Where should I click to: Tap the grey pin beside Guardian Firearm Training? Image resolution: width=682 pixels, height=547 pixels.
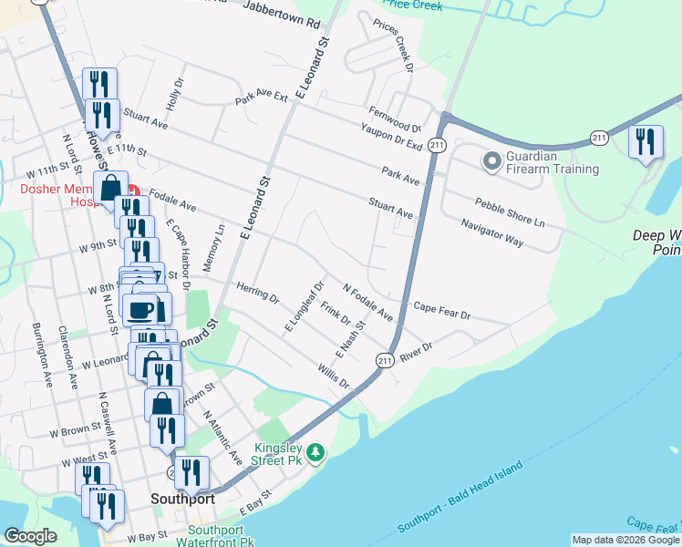[x=492, y=162]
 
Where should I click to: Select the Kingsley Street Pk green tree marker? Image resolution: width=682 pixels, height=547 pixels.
[x=315, y=452]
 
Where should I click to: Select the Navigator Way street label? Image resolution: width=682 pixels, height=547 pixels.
[x=491, y=233]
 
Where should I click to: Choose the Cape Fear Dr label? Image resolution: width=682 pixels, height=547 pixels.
[x=441, y=310]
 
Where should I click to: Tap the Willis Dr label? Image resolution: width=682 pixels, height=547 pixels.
[x=334, y=376]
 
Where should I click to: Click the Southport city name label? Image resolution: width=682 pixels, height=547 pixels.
[x=182, y=500]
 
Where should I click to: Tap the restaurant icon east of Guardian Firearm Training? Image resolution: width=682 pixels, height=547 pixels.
[x=646, y=143]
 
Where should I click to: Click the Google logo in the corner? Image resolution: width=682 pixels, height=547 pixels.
[x=30, y=536]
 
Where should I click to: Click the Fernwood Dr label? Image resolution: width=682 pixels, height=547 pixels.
[x=395, y=120]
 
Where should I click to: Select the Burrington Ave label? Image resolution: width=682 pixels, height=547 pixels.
[x=42, y=349]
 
